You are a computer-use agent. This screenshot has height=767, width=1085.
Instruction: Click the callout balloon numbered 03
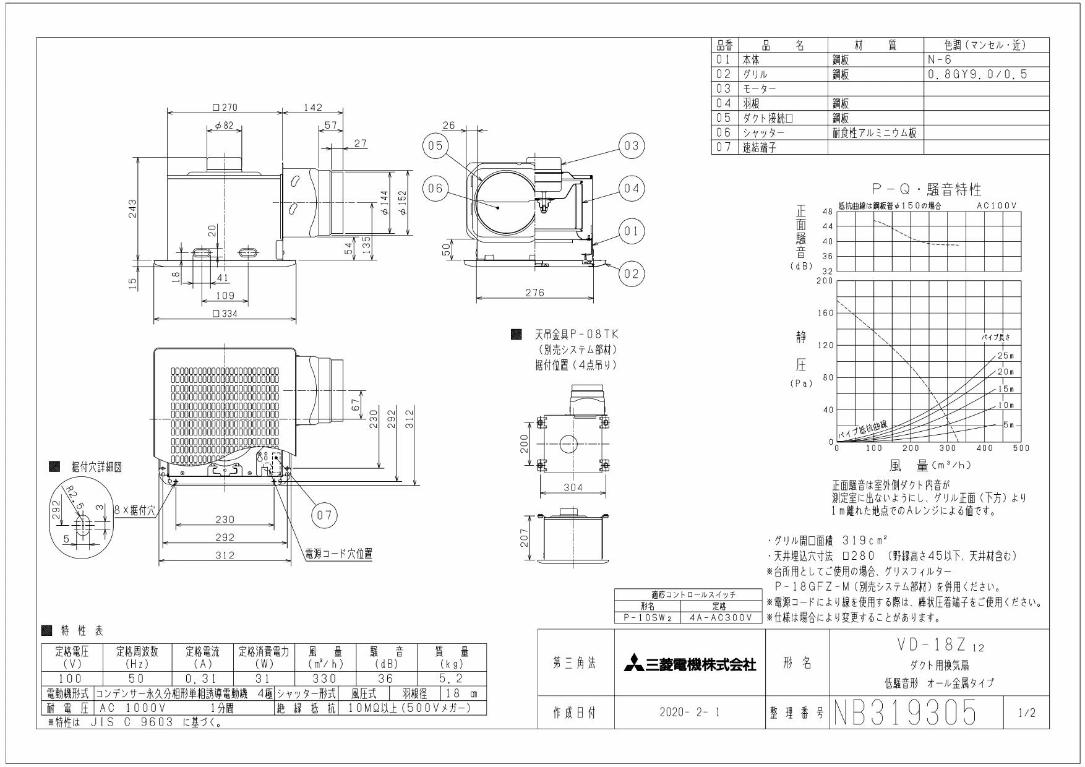coord(630,146)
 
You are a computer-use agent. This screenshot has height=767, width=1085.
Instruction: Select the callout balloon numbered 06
coord(436,188)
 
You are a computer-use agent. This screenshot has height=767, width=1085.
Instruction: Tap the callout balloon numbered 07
coord(325,515)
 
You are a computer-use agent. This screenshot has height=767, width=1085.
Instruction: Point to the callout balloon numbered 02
coord(630,273)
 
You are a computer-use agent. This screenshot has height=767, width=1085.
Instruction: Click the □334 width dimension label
coord(225,314)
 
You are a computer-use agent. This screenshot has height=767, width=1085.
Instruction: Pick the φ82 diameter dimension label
coord(225,126)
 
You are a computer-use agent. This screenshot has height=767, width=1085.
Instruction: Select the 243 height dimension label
coord(132,208)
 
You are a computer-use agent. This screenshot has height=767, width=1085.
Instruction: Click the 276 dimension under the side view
coord(534,293)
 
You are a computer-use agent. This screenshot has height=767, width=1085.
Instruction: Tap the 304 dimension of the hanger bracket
coord(573,487)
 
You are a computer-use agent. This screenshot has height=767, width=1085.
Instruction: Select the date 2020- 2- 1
coord(690,713)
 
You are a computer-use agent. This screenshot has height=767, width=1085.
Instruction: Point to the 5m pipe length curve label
coord(1008,425)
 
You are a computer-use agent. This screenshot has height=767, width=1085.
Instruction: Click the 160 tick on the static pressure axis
coord(826,313)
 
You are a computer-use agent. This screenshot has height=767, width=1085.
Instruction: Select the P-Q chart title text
coord(926,189)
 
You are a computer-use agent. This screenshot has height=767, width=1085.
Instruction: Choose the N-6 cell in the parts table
coord(940,60)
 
